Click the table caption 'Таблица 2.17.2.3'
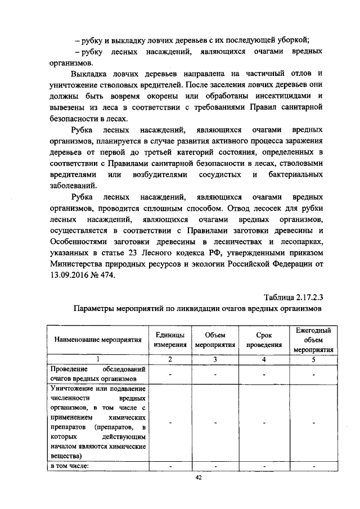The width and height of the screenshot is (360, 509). [x=293, y=296]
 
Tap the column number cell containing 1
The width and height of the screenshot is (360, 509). [x=97, y=358]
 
